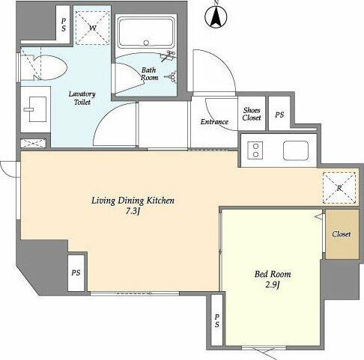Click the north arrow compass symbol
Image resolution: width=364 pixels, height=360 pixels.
point(216,16)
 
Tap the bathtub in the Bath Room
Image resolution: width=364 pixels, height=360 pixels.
point(146,33)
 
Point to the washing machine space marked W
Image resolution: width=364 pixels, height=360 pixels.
point(93,28)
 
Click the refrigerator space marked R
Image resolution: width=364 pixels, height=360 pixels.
point(339,188)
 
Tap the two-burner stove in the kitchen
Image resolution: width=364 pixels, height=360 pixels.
point(255,150)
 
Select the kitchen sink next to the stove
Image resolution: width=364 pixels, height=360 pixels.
point(296,150)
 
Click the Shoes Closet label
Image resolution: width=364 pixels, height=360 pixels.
point(252,114)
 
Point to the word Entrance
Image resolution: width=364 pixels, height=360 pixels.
point(214,122)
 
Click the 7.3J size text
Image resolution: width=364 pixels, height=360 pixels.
point(133,212)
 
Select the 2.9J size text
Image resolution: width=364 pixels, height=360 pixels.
point(272,285)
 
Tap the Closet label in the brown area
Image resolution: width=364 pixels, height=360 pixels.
point(342,234)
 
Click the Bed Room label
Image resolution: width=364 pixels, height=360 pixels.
point(273,274)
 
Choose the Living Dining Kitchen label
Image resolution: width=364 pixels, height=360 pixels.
point(133,201)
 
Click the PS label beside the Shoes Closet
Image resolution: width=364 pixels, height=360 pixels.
point(279,115)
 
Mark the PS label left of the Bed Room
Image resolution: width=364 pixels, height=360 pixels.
point(217,320)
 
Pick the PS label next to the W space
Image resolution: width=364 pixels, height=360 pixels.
point(64,25)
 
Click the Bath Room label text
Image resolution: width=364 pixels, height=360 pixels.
point(149,74)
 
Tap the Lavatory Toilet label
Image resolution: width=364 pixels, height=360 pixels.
point(82,98)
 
